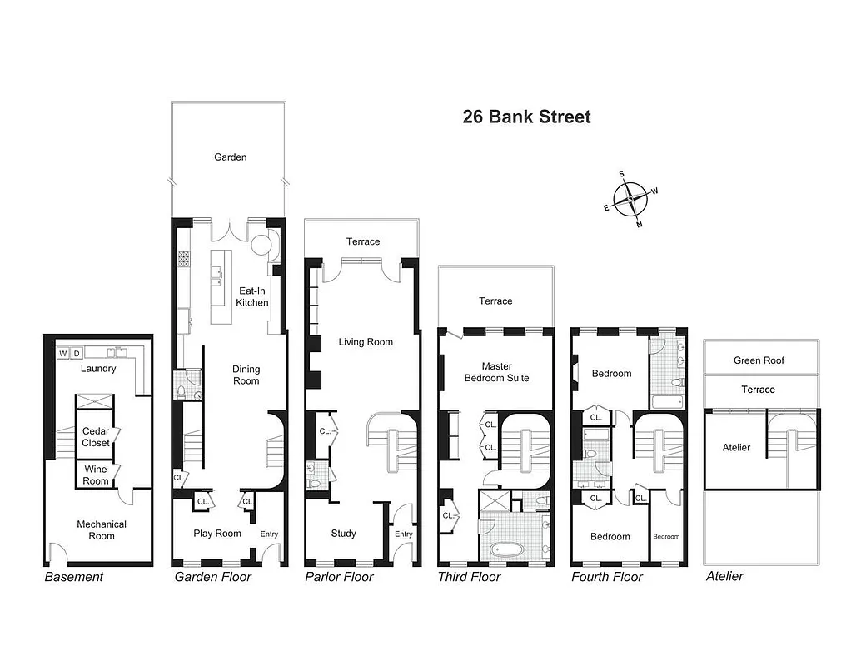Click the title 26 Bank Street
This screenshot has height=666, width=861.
(x=526, y=117)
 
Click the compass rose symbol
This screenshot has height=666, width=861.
(x=630, y=199)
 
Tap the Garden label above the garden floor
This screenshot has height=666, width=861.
(x=230, y=157)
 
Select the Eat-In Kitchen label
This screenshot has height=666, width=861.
(x=251, y=297)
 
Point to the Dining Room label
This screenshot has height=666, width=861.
(x=246, y=375)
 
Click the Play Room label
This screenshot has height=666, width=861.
(x=216, y=534)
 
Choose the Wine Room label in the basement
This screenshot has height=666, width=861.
(x=96, y=475)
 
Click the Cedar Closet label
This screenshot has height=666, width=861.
(x=96, y=437)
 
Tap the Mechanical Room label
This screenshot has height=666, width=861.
(x=102, y=530)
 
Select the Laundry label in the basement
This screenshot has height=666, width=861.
(x=98, y=368)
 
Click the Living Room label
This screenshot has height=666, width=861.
(x=365, y=342)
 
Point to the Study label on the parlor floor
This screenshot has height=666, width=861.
(x=343, y=534)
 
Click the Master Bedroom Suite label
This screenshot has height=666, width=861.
(x=496, y=372)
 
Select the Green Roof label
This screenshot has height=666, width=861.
(x=759, y=360)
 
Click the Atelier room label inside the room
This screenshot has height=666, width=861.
(x=736, y=448)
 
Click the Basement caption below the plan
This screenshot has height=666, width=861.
(x=73, y=577)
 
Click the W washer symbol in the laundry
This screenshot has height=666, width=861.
(x=62, y=354)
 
